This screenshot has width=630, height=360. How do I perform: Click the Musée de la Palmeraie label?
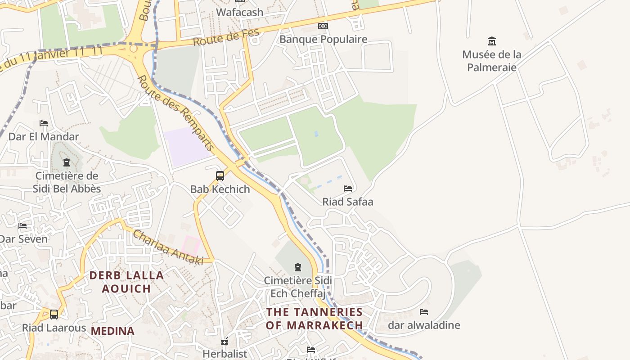point(491,61)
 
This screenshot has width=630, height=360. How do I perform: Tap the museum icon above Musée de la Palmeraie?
point(492,41)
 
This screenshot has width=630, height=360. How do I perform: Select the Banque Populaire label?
point(323,39)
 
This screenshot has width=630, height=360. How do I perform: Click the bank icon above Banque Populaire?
point(323,26)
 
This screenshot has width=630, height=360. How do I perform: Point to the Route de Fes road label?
point(226,37)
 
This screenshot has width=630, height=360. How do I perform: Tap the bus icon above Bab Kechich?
point(220,175)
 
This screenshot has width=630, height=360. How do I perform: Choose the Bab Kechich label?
point(220,189)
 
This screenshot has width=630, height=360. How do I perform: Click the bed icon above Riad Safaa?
point(348,188)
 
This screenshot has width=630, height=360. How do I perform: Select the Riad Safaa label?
point(348,202)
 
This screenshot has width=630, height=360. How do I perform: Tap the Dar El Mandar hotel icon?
point(44,123)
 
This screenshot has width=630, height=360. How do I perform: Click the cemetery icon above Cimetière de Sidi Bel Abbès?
point(67,162)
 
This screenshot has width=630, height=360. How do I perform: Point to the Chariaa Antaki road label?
point(167,247)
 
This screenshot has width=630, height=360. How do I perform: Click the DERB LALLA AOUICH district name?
point(126,282)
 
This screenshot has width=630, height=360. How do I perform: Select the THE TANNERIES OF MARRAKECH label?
point(314,318)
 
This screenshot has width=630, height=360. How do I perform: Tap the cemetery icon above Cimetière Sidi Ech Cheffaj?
point(297,267)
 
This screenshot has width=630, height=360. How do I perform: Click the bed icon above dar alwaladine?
point(424,311)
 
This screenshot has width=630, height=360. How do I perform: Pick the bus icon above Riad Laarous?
point(54,314)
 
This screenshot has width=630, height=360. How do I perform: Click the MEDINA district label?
point(112,331)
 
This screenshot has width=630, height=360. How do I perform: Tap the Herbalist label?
point(225,354)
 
